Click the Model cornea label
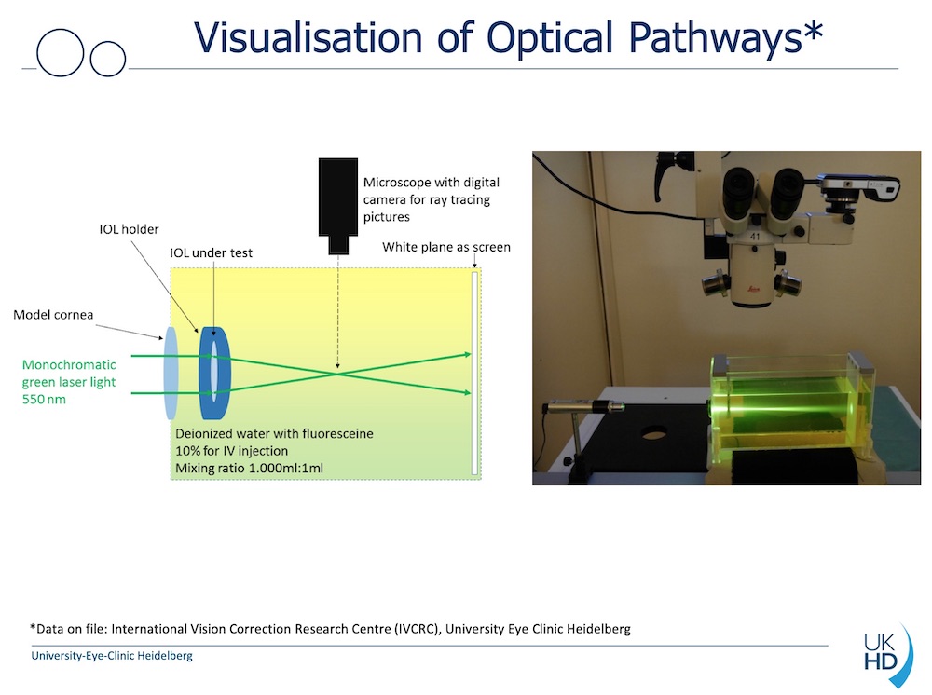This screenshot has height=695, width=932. click(x=53, y=315)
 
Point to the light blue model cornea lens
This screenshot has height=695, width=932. click(x=171, y=374)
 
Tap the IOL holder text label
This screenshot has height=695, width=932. click(x=129, y=229)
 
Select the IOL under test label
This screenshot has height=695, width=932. click(x=211, y=253)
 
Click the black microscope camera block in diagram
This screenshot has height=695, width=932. click(x=338, y=206)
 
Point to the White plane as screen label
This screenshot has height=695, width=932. click(x=446, y=247)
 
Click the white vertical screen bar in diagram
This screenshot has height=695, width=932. click(x=474, y=373)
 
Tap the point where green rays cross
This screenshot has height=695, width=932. click(x=337, y=374)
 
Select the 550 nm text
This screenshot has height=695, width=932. click(x=44, y=399)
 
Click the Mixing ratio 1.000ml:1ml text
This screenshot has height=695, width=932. click(x=249, y=468)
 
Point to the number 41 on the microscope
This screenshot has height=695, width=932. click(x=755, y=237)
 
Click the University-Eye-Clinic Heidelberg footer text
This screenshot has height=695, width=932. click(x=112, y=656)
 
